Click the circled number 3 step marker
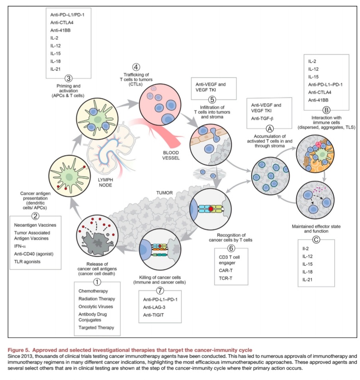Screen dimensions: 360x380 68,78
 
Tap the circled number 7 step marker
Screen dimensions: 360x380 160,290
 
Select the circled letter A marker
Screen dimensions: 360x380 270,129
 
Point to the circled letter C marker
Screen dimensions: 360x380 316,240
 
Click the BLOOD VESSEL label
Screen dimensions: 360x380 171,155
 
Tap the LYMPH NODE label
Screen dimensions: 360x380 105,183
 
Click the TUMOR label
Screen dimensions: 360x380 164,193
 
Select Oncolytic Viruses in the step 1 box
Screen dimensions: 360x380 96,306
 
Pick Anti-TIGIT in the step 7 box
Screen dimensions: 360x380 153,315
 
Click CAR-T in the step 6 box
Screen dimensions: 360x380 226,271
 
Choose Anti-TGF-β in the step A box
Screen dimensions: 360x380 262,119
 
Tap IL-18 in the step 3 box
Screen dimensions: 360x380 55,61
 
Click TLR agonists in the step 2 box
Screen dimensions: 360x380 27,262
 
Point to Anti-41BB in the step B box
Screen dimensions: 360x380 318,100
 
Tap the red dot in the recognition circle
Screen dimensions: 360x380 211,209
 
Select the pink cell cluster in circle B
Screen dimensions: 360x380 319,145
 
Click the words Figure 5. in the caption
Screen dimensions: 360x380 19,350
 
